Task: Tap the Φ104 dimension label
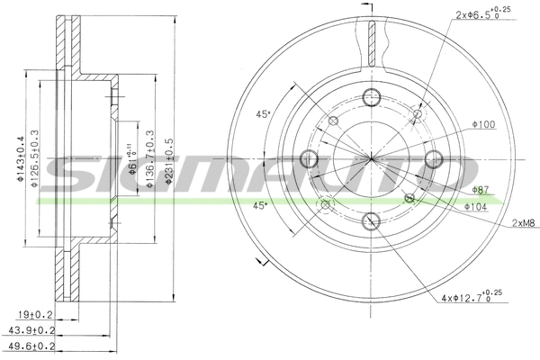coord(477,206)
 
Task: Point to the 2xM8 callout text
coord(526,222)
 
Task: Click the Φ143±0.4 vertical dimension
coord(20,160)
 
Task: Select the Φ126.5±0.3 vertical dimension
coord(34,160)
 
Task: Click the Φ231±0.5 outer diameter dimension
coord(169,161)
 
